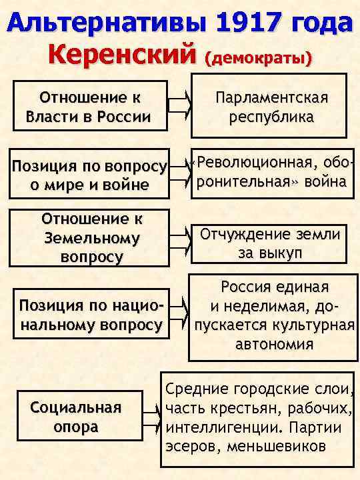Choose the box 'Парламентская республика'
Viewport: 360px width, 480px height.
point(271,107)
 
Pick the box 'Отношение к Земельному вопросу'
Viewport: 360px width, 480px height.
point(91,237)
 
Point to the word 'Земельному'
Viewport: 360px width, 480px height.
point(91,237)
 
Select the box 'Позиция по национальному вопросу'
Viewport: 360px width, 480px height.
point(91,315)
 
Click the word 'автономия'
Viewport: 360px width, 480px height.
point(274,345)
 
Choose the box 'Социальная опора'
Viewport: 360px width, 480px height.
point(76,417)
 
